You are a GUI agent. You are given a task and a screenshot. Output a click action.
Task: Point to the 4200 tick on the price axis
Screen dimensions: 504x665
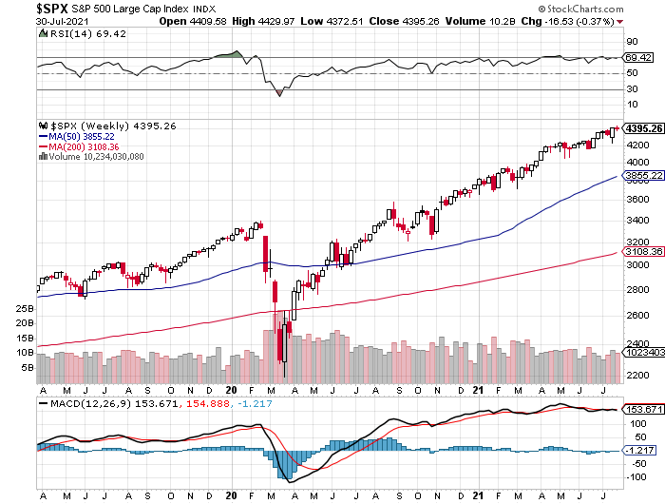click(638, 145)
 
